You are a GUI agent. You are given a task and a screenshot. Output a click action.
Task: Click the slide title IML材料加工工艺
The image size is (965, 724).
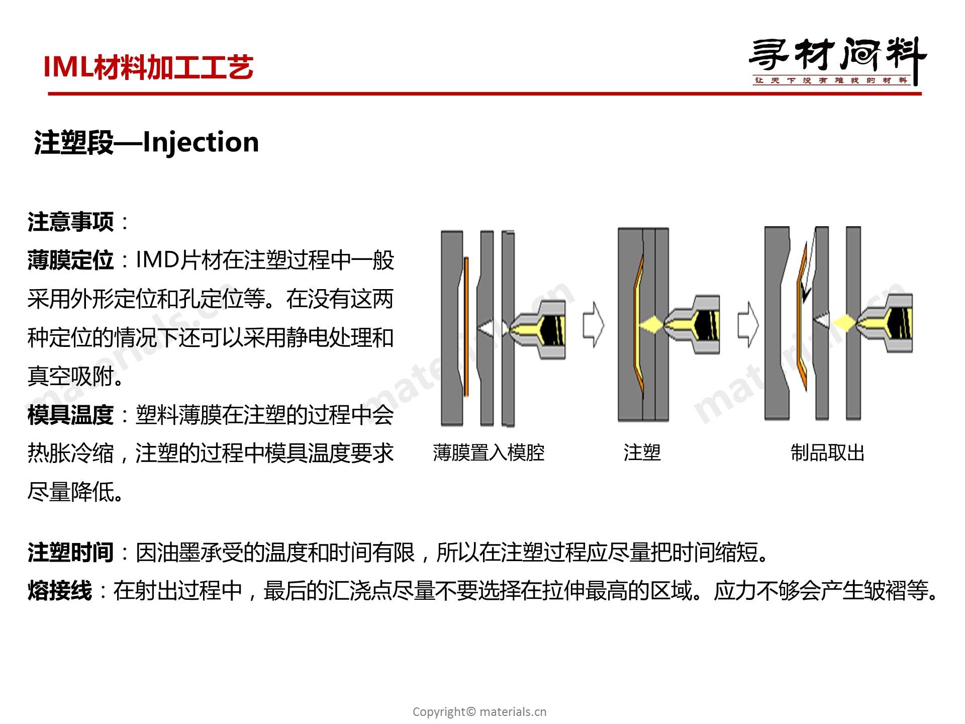point(148,67)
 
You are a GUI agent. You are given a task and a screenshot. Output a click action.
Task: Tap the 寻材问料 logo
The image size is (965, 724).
point(837,61)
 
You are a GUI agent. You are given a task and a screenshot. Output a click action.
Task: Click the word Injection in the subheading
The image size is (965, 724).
point(201,143)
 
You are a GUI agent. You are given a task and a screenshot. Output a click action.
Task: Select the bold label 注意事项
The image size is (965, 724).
point(71,222)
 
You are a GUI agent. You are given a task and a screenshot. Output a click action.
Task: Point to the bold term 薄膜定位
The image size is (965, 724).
point(71,260)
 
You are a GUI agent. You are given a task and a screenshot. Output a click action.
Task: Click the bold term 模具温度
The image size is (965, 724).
point(71,415)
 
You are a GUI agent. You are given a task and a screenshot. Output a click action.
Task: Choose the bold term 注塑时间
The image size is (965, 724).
point(71,553)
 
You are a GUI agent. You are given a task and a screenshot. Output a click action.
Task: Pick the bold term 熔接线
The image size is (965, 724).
point(60,591)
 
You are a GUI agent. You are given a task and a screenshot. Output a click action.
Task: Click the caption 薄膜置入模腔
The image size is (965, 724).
point(489,453)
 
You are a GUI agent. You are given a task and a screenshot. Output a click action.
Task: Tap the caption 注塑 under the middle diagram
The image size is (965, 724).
point(642,453)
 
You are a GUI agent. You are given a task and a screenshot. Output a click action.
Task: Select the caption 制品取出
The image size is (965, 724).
point(827,453)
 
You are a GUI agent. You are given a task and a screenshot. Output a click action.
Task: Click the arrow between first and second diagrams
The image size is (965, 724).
point(593,325)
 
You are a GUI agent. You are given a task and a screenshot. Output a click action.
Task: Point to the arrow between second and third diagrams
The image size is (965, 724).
point(748,325)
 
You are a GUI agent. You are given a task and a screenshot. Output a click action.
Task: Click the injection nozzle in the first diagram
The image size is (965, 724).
point(538,329)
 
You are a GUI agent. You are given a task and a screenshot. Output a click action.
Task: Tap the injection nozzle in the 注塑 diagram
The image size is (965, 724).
point(692,325)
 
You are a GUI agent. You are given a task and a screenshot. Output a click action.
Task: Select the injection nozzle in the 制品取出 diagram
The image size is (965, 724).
point(885,323)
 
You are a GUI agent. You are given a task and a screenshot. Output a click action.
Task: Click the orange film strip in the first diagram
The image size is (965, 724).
point(466,327)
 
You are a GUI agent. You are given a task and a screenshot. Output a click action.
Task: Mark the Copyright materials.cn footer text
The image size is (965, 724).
point(479,711)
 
